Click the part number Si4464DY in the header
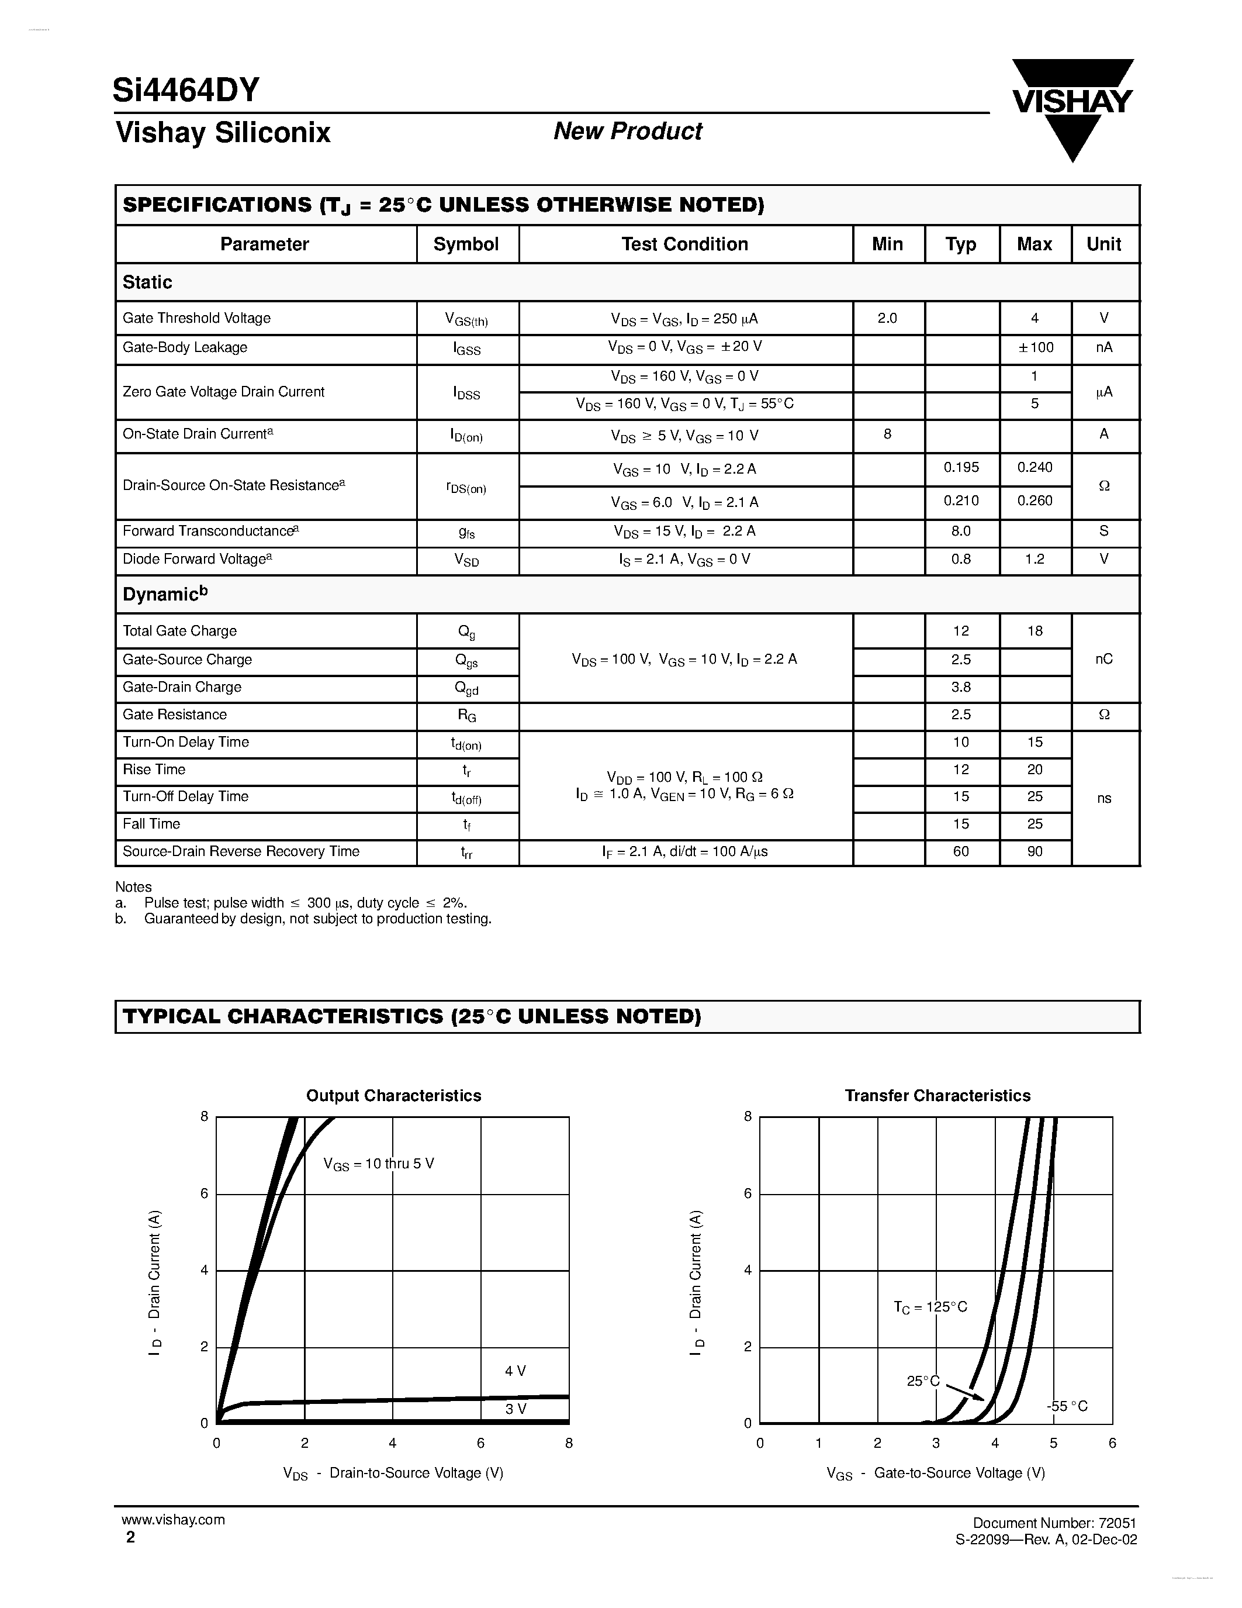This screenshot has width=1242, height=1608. (186, 90)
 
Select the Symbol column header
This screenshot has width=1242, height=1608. (466, 244)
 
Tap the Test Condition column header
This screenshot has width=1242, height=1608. (684, 244)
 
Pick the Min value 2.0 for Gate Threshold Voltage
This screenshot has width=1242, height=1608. (887, 318)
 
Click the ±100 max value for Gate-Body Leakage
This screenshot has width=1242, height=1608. (1035, 347)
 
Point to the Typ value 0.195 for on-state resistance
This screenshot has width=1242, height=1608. (961, 468)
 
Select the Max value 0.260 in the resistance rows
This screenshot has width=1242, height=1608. (1035, 501)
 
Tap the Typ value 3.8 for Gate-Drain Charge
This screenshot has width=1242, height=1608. (961, 687)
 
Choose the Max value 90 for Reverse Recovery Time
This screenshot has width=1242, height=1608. (1035, 851)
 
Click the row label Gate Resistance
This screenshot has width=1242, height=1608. (174, 714)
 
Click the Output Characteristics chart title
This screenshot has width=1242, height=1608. (394, 1096)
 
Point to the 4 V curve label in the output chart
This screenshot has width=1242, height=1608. (515, 1371)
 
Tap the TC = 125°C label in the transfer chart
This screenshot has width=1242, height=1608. (930, 1307)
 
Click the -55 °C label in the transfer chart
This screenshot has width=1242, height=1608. (1067, 1406)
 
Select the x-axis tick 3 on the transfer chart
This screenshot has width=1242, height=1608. (936, 1443)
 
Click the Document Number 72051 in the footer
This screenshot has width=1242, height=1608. (1054, 1523)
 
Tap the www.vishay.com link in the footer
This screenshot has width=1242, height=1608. (174, 1520)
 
